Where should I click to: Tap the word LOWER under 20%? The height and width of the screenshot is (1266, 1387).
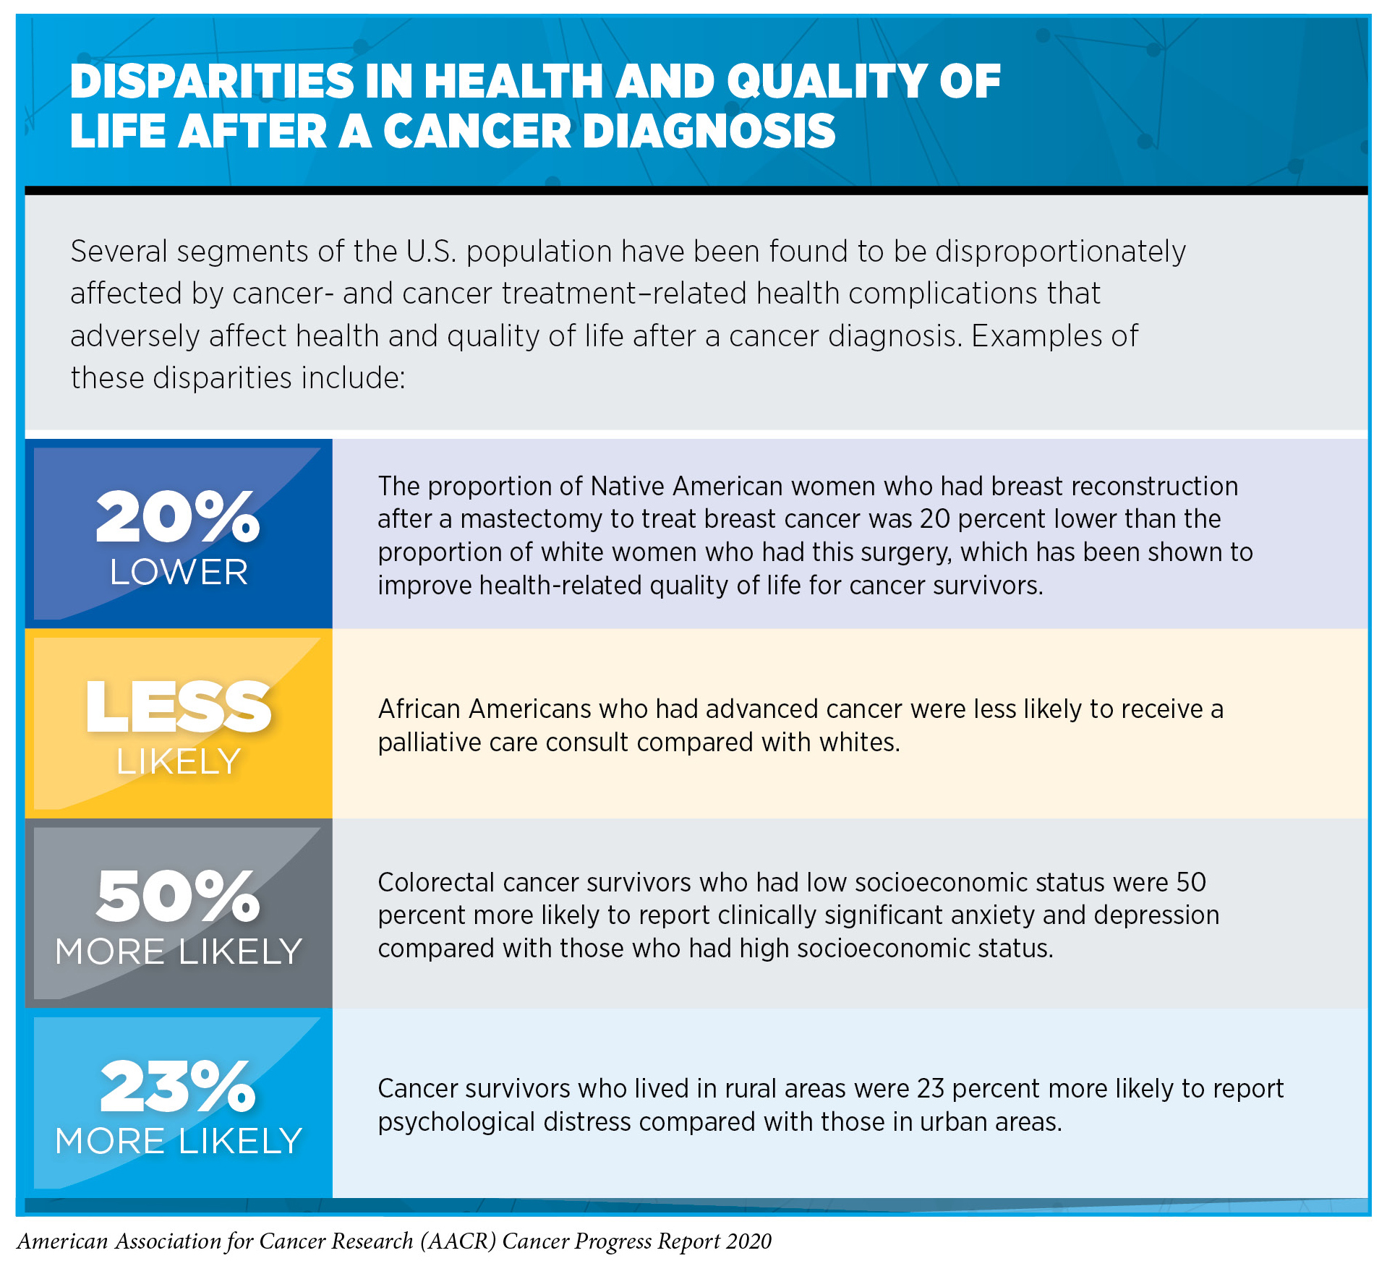click(x=179, y=573)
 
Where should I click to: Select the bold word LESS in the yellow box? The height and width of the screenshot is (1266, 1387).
click(x=178, y=706)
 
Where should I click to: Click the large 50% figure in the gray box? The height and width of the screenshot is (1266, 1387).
click(x=177, y=896)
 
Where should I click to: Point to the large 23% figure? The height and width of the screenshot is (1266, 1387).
click(x=177, y=1086)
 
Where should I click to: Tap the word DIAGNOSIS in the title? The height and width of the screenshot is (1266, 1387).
click(x=709, y=132)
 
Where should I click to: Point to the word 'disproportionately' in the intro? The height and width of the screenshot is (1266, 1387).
click(x=1060, y=252)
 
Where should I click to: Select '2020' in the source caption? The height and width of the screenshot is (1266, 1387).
click(x=749, y=1241)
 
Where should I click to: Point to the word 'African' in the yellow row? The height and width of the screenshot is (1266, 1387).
click(x=419, y=709)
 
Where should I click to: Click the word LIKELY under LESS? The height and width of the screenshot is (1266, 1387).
click(x=179, y=762)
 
